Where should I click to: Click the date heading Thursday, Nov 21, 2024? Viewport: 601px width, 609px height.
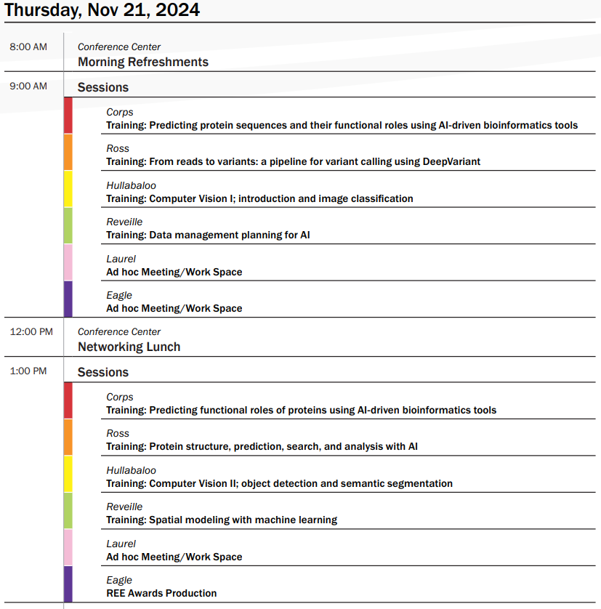pyautogui.click(x=102, y=10)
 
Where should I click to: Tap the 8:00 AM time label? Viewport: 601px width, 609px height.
pyautogui.click(x=28, y=47)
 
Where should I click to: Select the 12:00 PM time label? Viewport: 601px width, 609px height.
pyautogui.click(x=31, y=332)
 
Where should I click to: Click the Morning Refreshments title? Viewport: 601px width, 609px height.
pyautogui.click(x=143, y=62)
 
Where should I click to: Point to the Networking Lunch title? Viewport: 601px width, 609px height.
pyautogui.click(x=129, y=347)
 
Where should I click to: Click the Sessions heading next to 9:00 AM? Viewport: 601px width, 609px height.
pyautogui.click(x=103, y=87)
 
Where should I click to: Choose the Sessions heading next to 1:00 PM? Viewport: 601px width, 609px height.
pyautogui.click(x=103, y=372)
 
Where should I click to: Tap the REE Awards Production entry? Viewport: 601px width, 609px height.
pyautogui.click(x=161, y=593)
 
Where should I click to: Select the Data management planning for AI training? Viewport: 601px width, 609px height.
pyautogui.click(x=208, y=235)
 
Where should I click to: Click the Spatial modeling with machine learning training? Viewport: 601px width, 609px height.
pyautogui.click(x=222, y=520)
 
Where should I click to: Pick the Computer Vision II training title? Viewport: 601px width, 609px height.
pyautogui.click(x=279, y=483)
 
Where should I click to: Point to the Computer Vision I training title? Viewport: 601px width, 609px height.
pyautogui.click(x=259, y=198)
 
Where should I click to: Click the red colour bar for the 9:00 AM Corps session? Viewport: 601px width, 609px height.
pyautogui.click(x=68, y=116)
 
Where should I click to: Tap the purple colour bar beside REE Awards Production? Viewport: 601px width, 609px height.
pyautogui.click(x=68, y=584)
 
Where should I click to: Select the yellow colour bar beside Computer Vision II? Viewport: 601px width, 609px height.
pyautogui.click(x=68, y=474)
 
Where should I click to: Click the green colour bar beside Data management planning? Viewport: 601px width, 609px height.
pyautogui.click(x=68, y=226)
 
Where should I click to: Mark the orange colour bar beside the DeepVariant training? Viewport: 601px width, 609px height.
pyautogui.click(x=68, y=153)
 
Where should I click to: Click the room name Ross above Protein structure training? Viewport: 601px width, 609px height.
pyautogui.click(x=118, y=433)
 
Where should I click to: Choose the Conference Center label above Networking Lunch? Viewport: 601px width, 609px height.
pyautogui.click(x=119, y=332)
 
